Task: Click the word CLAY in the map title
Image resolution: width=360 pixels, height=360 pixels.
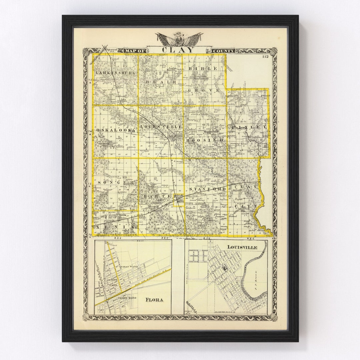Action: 178,50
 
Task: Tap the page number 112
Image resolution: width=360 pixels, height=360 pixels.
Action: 265,56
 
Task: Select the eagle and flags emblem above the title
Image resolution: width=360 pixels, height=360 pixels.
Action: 179,39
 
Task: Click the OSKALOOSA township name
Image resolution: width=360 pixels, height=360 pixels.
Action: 116,130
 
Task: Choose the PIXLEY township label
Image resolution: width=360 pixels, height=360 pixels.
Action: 249,127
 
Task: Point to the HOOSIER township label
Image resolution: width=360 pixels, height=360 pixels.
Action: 205,140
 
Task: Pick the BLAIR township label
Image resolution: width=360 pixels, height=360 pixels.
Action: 160,82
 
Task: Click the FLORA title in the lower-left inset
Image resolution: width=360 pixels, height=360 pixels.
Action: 154,300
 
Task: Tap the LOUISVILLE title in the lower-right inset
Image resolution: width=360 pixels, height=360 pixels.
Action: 242,247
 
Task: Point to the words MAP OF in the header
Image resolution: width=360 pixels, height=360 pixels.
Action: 135,51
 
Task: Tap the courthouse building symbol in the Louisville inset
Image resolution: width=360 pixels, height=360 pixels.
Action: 226,267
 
